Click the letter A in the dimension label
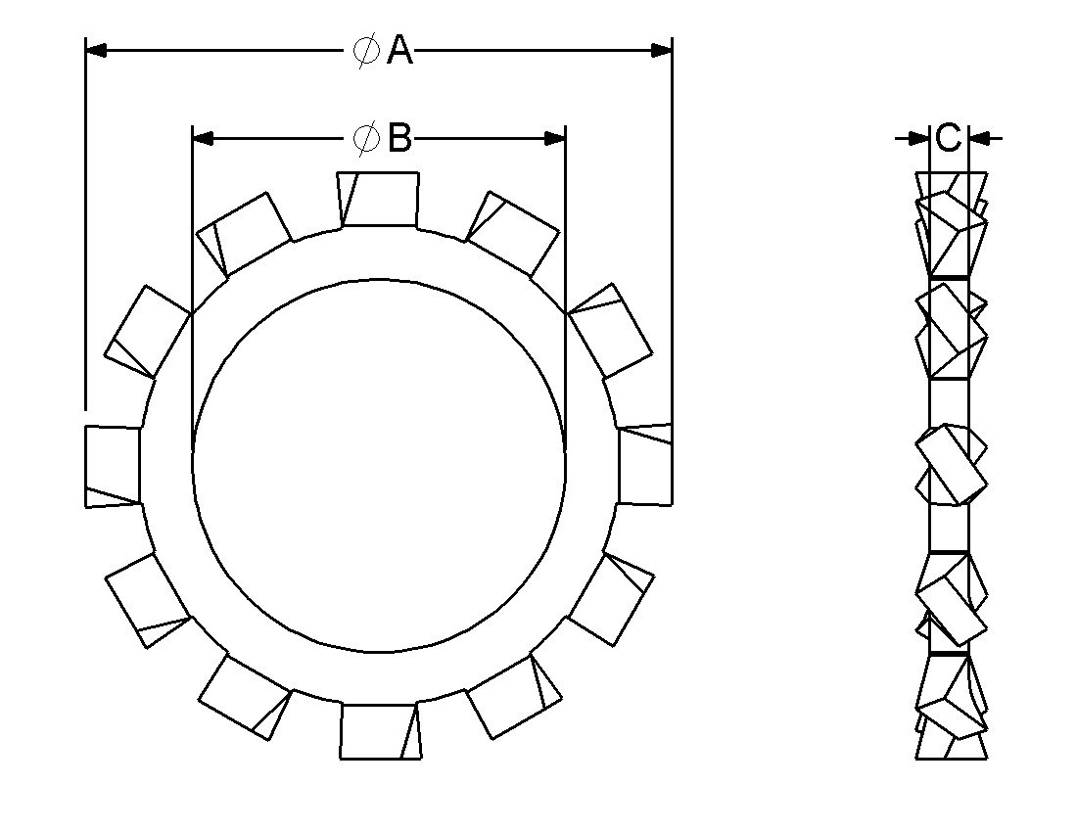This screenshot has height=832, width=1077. (x=399, y=50)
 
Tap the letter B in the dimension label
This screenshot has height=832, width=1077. (x=399, y=138)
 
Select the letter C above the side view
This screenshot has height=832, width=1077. (x=948, y=138)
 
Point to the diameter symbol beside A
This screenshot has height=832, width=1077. (x=366, y=50)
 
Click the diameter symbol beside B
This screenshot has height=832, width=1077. (x=366, y=138)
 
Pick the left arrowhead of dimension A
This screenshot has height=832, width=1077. (x=96, y=49)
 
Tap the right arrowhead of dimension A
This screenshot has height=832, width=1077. (x=662, y=49)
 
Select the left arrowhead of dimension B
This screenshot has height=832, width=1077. (x=203, y=138)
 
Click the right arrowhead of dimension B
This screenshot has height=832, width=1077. (x=555, y=138)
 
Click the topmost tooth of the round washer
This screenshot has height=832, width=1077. (x=379, y=199)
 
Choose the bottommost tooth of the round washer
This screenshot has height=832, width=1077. (x=381, y=730)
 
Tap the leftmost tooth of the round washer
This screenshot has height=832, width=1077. (x=112, y=466)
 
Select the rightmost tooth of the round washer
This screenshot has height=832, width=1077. (x=646, y=465)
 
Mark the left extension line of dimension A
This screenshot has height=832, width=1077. (x=86, y=225)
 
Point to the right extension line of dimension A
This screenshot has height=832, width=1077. (x=673, y=225)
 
